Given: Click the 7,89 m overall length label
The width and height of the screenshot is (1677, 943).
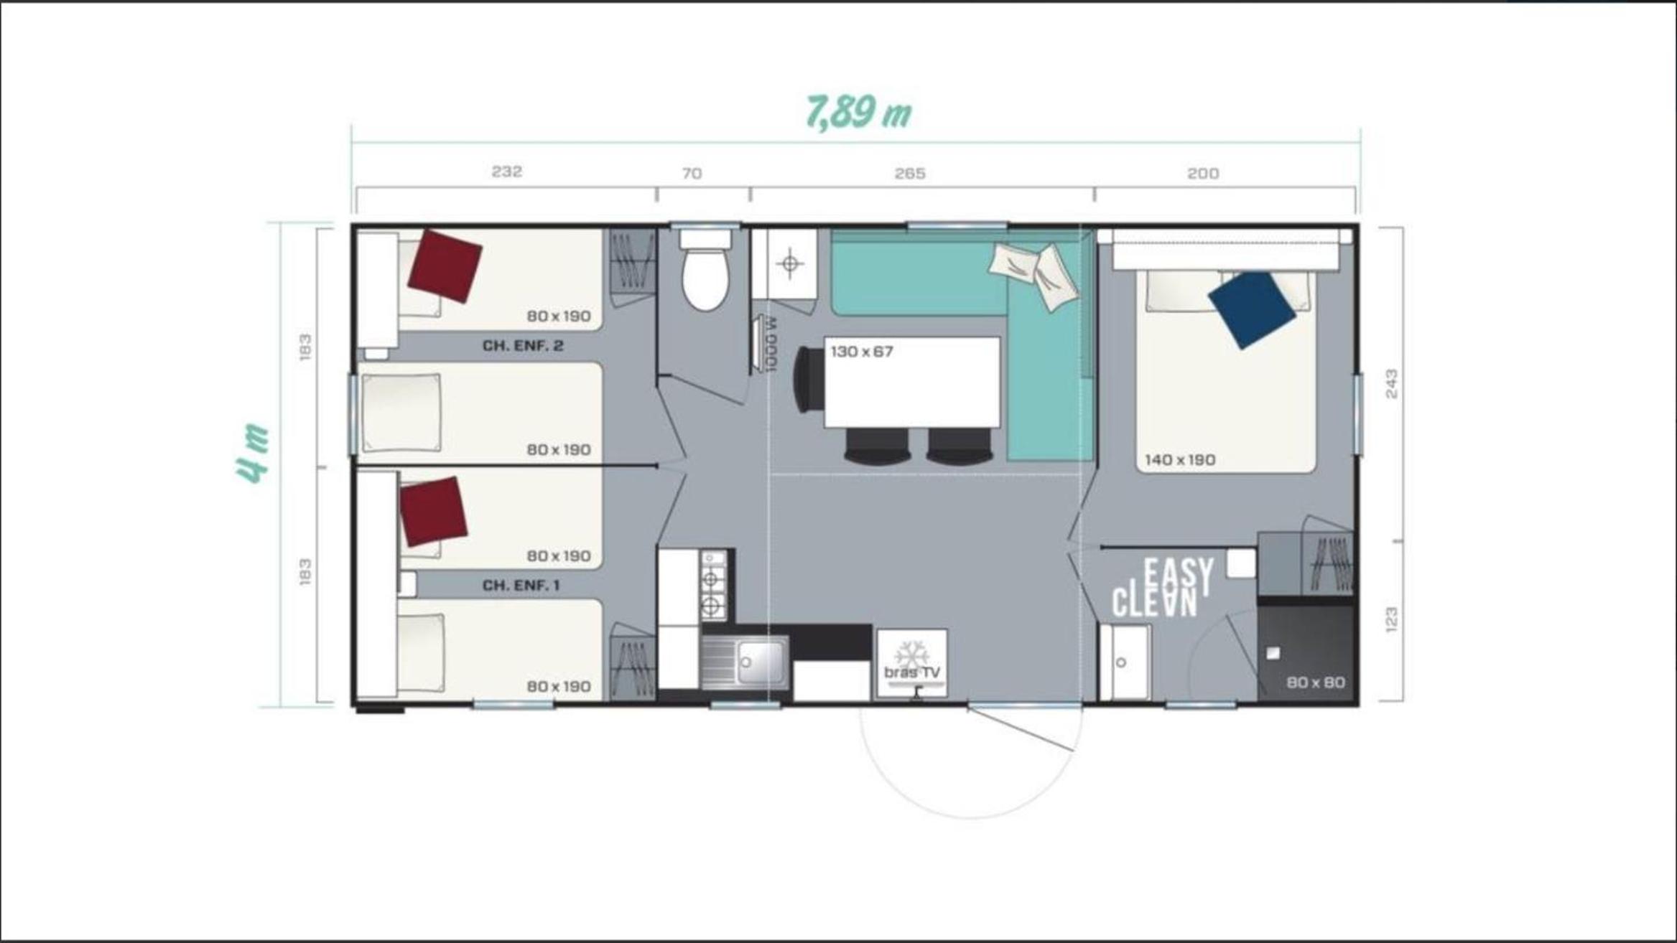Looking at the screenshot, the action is point(859,113).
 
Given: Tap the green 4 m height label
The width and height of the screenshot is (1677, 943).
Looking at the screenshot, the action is point(253,453).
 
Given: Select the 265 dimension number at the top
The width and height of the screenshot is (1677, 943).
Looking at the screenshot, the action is point(910,174).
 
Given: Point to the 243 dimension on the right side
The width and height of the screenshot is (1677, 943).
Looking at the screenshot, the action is point(1392,384).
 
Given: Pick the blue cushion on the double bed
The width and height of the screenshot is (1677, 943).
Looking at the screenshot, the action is point(1252,309).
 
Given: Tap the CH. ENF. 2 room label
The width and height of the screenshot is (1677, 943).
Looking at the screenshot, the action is point(523,346).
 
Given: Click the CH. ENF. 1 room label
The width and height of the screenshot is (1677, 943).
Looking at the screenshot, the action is point(521,586).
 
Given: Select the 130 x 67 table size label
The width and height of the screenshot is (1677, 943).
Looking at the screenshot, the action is point(862,352).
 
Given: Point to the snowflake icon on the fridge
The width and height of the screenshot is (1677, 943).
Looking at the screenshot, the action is point(911,654).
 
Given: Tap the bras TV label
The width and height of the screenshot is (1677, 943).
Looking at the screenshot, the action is point(912,672).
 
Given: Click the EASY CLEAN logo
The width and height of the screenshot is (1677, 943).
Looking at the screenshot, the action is point(1163,588).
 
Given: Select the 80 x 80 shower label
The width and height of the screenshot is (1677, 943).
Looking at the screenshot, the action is point(1316,682).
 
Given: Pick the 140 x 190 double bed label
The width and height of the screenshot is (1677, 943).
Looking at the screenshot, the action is point(1180,460).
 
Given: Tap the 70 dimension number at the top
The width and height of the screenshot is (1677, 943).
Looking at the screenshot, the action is point(692,174).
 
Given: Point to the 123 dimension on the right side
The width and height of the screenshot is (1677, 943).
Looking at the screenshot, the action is point(1392,620).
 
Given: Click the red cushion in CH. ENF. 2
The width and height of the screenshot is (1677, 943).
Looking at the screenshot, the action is point(445,266).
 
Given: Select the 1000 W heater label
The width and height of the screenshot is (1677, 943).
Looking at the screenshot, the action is point(771,344).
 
